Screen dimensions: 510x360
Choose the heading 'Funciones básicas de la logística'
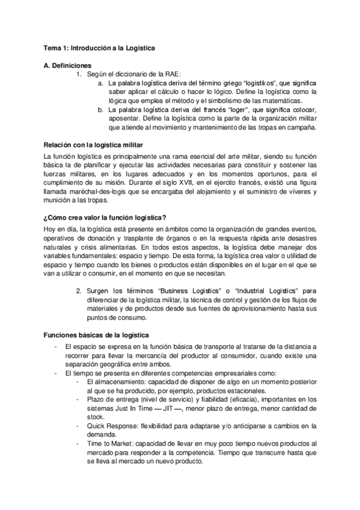point(96,334)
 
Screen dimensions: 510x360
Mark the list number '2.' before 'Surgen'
point(79,291)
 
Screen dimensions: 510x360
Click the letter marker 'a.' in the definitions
point(100,83)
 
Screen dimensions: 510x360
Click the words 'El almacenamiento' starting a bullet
point(113,381)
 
